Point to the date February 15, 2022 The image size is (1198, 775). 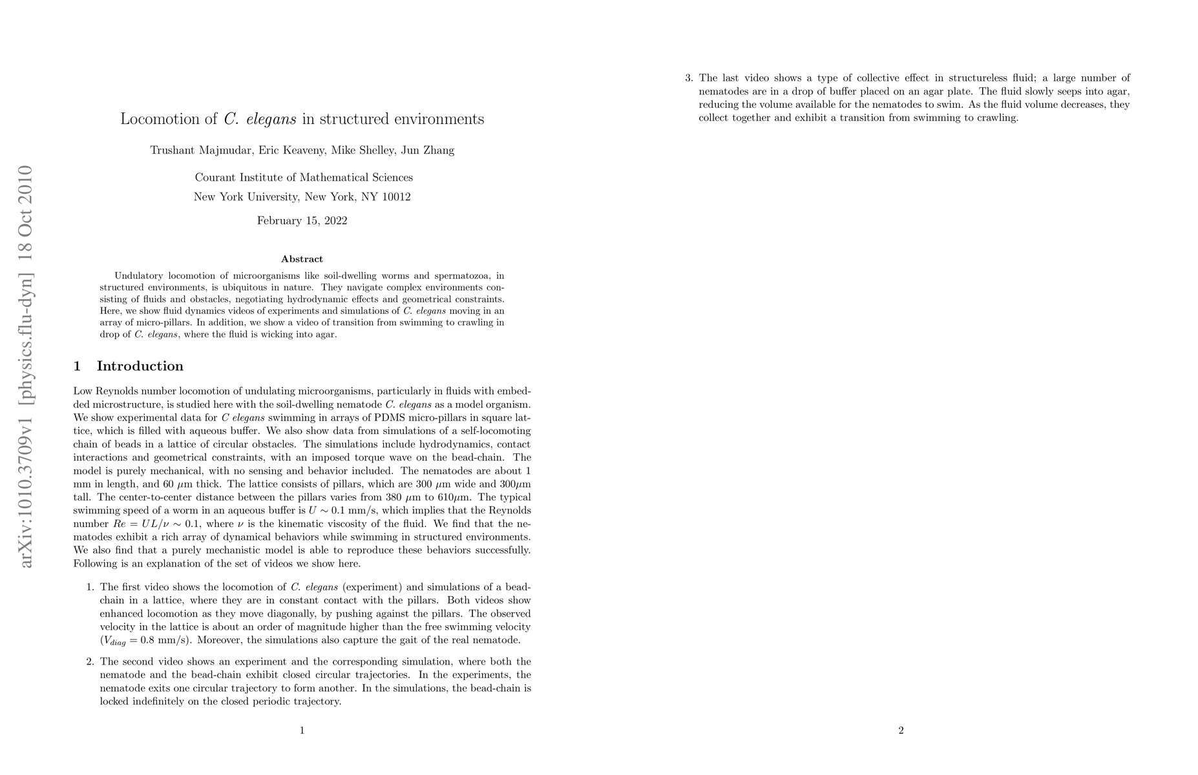tap(302, 221)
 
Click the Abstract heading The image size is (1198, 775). tap(302, 260)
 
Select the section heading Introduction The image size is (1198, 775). tap(140, 366)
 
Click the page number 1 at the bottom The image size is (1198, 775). tap(302, 730)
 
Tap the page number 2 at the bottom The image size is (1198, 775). tap(901, 730)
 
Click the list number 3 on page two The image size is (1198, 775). tap(689, 78)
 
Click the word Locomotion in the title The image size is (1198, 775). tap(160, 119)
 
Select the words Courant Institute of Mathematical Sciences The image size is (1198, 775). tap(304, 178)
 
